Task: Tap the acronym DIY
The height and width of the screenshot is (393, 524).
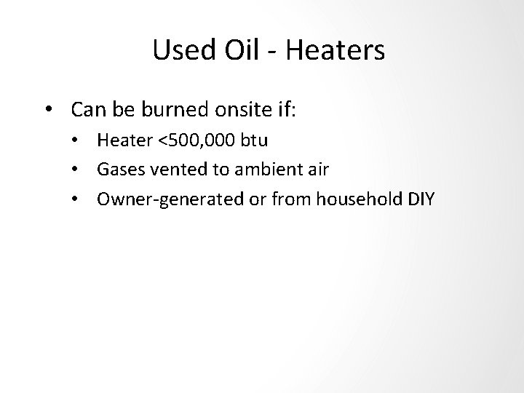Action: coord(418,199)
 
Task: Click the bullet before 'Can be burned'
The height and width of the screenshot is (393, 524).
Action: coord(47,111)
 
